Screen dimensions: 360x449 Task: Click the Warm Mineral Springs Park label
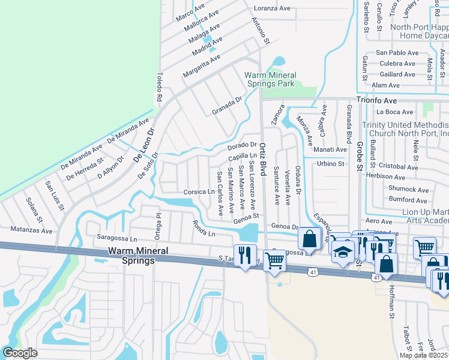269,79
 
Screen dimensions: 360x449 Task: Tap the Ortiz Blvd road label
263,160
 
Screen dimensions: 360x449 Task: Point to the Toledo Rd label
160,87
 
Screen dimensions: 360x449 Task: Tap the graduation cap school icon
343,253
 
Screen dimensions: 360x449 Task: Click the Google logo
19,353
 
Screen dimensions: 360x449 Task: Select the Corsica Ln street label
199,192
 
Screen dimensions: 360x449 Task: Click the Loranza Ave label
273,8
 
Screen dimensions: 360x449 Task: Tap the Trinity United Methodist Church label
405,128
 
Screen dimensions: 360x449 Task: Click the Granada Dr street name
226,106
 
